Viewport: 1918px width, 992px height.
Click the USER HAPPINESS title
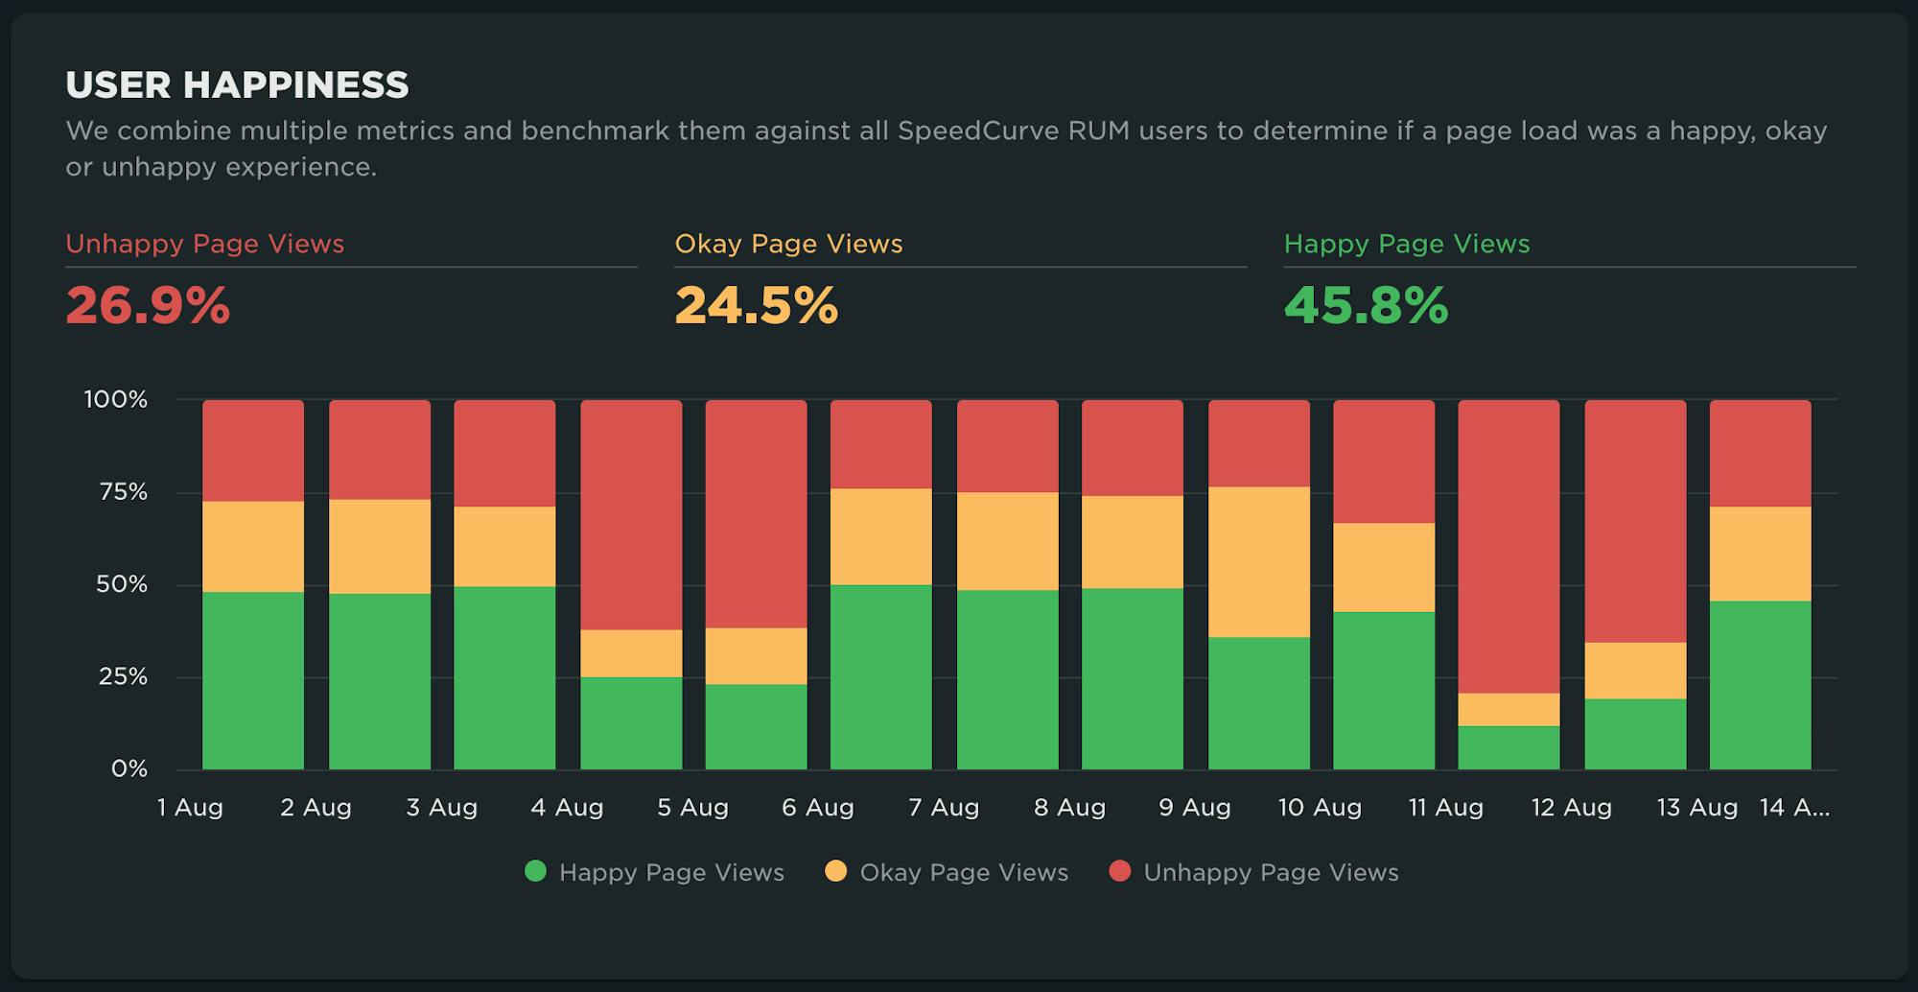click(x=237, y=85)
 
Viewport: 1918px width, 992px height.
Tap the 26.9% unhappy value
click(x=148, y=306)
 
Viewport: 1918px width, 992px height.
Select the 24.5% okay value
click(x=756, y=306)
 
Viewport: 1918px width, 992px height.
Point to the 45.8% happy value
click(x=1366, y=306)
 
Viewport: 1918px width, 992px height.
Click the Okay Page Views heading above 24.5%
click(x=788, y=244)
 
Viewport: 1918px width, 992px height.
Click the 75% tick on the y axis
click(x=124, y=492)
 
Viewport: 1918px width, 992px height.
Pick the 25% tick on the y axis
click(x=124, y=676)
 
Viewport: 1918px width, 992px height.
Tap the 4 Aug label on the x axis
click(x=567, y=808)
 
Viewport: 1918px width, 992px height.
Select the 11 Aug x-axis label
click(x=1445, y=808)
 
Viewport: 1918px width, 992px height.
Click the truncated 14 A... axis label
click(x=1794, y=808)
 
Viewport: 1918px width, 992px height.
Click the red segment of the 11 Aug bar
click(x=1509, y=547)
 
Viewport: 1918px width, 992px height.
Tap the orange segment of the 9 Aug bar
click(x=1258, y=562)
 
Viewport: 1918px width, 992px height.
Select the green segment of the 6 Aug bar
click(x=880, y=676)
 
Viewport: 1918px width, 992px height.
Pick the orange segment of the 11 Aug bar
click(x=1509, y=710)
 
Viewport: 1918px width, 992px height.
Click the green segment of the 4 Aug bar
click(x=631, y=723)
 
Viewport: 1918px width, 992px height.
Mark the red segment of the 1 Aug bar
click(x=253, y=451)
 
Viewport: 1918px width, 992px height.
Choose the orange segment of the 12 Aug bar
click(x=1635, y=671)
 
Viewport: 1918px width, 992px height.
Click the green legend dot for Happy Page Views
click(x=536, y=871)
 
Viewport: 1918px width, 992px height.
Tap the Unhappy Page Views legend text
click(x=1271, y=873)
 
